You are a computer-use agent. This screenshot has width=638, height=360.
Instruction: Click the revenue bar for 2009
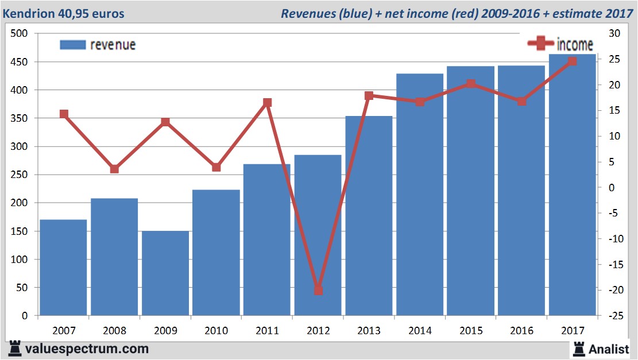click(165, 273)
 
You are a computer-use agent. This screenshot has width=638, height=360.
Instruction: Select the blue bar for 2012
click(318, 235)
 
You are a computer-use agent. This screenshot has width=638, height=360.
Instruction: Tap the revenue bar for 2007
click(63, 268)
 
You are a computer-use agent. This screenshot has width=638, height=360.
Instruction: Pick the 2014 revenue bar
click(419, 195)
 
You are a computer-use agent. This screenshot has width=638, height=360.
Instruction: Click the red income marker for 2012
click(318, 290)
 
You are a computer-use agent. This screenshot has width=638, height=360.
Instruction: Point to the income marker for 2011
click(267, 103)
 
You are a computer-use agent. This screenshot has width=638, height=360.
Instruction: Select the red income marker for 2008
click(114, 169)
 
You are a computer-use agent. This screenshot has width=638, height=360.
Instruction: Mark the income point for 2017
click(572, 61)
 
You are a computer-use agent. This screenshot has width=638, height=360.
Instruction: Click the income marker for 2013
click(369, 96)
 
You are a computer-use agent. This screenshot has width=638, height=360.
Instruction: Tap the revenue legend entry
click(98, 45)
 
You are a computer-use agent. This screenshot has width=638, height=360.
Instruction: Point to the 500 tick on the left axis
click(20, 34)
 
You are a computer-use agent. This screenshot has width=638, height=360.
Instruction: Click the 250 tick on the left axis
click(20, 175)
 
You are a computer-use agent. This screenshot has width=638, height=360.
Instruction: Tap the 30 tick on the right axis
click(613, 34)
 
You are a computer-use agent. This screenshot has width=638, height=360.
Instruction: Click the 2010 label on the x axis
click(216, 331)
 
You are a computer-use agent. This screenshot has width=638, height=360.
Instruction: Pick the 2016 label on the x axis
click(521, 331)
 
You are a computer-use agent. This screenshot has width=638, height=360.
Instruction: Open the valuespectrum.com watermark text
click(87, 349)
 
